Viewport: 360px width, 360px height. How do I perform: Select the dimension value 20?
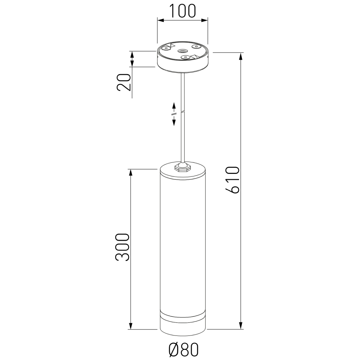tap(123, 82)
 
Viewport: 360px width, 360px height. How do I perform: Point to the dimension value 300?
tap(122, 247)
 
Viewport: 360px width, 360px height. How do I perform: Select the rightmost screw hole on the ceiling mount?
tap(196, 46)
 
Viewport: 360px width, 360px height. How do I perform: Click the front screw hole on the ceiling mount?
tap(185, 57)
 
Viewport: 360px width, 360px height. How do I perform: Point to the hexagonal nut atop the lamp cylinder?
tap(182, 168)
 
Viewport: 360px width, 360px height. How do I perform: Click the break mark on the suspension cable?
tap(183, 112)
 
